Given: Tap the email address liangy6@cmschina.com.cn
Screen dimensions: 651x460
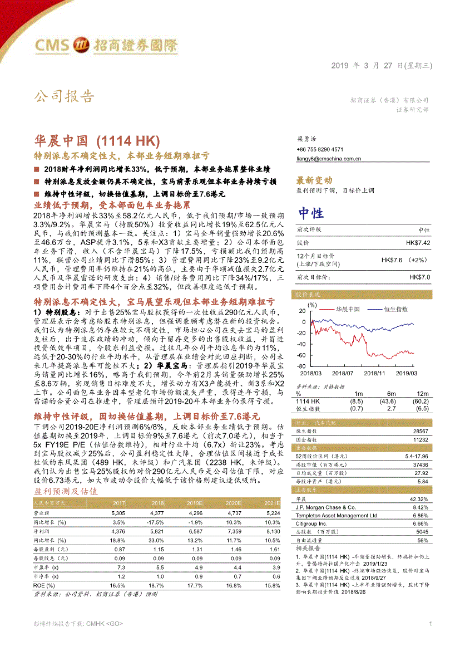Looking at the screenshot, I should (x=329, y=158).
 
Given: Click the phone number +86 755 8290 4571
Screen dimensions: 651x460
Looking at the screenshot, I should (x=320, y=149).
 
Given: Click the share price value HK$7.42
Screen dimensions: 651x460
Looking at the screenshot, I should (x=418, y=243).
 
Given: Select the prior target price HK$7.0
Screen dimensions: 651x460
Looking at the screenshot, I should (x=419, y=277).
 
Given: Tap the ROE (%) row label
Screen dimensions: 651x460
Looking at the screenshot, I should (x=46, y=586).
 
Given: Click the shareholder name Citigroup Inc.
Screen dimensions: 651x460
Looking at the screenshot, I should (x=311, y=523).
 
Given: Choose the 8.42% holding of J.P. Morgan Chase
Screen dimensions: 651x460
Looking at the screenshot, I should (x=420, y=507).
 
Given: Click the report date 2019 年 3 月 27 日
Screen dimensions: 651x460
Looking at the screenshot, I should (x=381, y=65).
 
